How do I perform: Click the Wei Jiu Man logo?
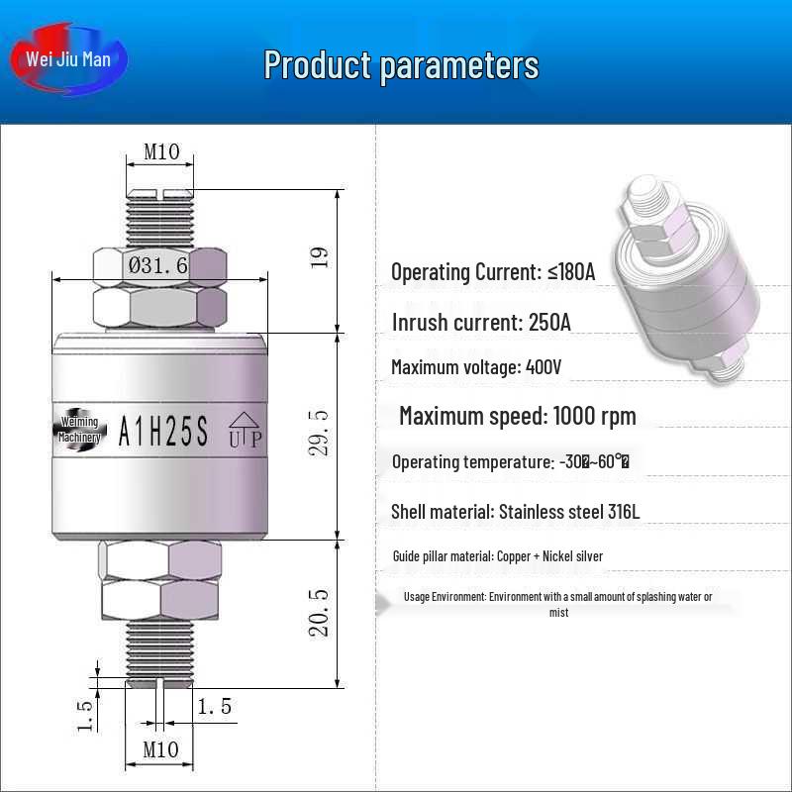[68, 59]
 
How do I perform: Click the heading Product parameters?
[401, 65]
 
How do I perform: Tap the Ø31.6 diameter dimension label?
[158, 265]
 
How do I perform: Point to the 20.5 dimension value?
[319, 611]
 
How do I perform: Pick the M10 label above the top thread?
[161, 152]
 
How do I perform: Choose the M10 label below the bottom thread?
[161, 749]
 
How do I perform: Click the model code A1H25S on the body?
[163, 432]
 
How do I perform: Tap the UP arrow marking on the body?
[245, 430]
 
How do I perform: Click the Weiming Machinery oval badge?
[78, 430]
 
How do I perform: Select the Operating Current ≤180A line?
[493, 272]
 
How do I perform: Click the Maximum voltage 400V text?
[476, 367]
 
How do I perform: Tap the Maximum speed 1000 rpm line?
[517, 415]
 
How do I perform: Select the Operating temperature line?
[511, 461]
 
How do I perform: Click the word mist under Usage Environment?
[558, 613]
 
